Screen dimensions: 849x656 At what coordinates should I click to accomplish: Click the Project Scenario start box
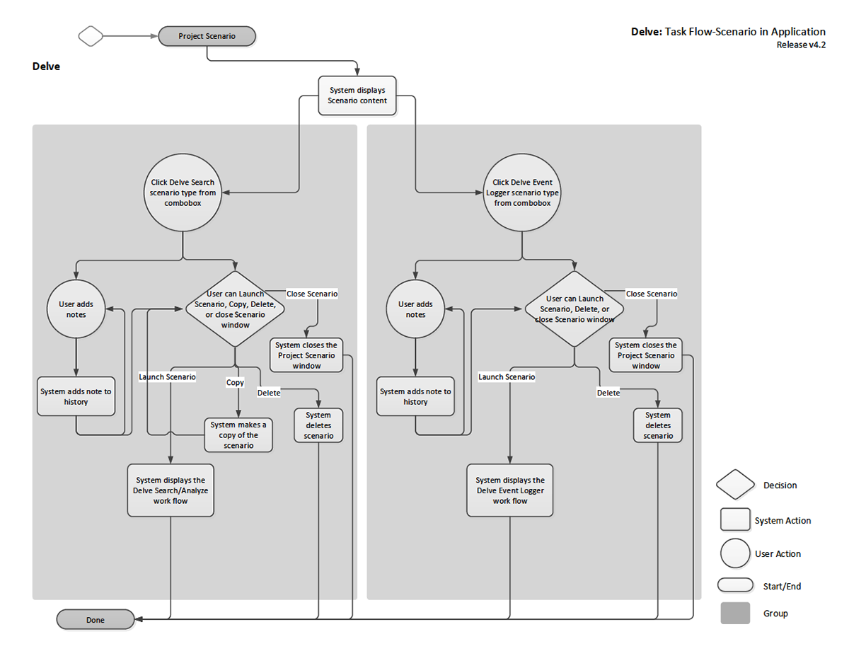pos(207,36)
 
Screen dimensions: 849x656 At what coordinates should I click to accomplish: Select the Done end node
pos(96,619)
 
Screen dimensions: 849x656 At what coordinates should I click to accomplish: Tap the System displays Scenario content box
pos(357,96)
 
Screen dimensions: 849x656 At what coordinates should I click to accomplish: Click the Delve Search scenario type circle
pos(183,192)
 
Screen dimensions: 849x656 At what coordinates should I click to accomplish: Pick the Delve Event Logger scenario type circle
pos(522,192)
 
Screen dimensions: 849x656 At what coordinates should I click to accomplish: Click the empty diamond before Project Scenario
pos(91,36)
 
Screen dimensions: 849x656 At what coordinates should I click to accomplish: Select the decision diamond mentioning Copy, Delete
pos(235,309)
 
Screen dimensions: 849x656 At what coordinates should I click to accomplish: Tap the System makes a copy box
pos(238,435)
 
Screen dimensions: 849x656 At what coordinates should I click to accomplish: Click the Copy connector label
pos(235,382)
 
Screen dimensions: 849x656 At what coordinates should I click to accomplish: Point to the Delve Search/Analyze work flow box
pos(171,490)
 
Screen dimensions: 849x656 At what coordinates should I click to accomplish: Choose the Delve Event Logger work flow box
pos(510,490)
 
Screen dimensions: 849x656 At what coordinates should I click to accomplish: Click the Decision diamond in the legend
pos(735,485)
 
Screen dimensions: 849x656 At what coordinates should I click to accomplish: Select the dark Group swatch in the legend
pos(735,613)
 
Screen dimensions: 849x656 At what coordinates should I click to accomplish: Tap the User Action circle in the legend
pos(735,553)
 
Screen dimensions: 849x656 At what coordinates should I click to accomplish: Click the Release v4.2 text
pos(801,45)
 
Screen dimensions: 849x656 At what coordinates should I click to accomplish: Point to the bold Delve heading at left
pos(46,66)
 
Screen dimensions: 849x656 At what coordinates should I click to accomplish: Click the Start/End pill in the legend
pos(735,585)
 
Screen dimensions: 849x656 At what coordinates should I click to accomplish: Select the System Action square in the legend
pos(735,519)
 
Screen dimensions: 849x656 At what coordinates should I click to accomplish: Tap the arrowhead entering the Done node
pos(138,619)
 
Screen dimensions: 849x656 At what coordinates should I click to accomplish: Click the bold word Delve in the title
pos(647,32)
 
